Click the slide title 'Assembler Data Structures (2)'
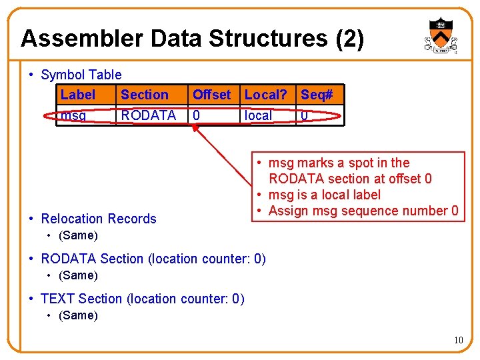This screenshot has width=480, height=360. point(192,39)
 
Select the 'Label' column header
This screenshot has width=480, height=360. point(78,95)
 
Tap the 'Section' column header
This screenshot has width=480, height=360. point(144,95)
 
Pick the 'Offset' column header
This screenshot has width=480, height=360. point(211,95)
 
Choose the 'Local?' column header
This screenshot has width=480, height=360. point(267,95)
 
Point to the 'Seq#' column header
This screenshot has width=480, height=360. point(317,95)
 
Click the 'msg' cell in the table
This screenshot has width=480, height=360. point(73,115)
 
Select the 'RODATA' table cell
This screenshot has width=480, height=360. point(148,115)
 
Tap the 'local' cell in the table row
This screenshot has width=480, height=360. point(258,115)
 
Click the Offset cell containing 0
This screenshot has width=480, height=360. point(196,115)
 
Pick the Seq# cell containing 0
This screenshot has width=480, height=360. point(304,115)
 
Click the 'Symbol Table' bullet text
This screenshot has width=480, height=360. point(81,75)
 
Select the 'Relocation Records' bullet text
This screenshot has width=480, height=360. point(98,219)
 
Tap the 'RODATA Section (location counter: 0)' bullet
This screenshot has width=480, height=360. point(153,259)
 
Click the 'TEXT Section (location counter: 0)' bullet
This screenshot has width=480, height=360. point(142,299)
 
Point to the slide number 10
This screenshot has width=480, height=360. point(458,341)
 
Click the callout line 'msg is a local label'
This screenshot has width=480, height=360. point(324,195)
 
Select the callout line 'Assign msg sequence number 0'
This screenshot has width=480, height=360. point(363,211)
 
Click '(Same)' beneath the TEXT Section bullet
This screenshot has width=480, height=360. point(78,315)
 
